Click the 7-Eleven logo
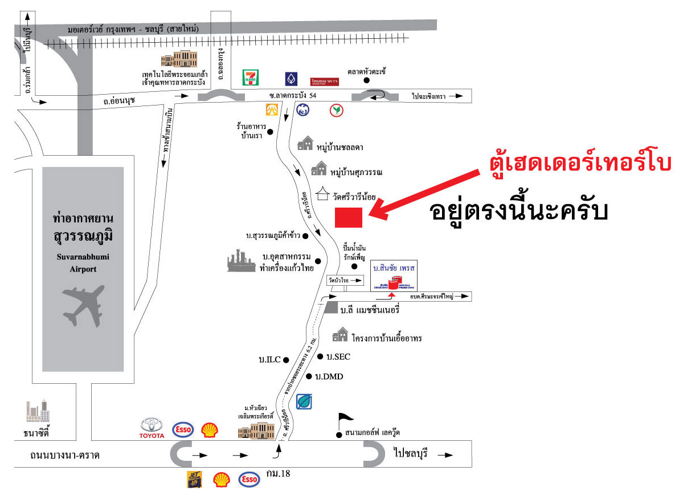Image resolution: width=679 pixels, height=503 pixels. click(x=249, y=78)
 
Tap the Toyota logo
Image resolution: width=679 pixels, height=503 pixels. click(x=152, y=427)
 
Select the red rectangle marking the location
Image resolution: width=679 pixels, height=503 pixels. click(x=348, y=218)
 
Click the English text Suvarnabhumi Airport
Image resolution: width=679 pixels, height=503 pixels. click(x=83, y=263)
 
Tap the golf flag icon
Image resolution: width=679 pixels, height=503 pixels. click(x=345, y=421)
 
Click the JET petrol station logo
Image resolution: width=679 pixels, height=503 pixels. click(x=195, y=480)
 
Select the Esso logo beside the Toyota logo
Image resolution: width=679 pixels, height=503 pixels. click(x=183, y=429)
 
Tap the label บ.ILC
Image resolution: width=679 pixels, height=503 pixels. click(x=269, y=360)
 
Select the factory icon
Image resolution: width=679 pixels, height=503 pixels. click(x=242, y=261)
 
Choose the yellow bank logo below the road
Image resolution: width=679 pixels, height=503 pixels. click(x=272, y=109)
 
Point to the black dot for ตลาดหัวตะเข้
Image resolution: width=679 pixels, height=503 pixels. click(x=367, y=80)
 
